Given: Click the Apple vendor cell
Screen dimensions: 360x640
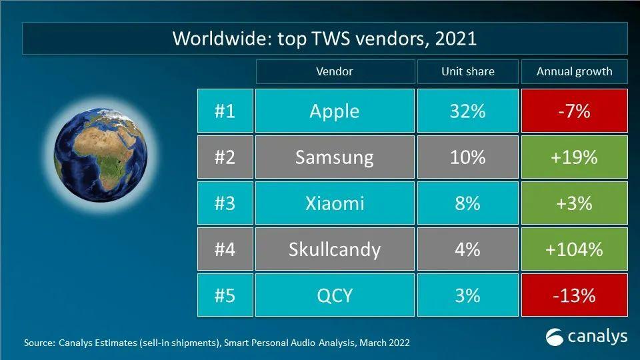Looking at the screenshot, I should [334, 111].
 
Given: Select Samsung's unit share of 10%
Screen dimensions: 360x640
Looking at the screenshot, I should [467, 157].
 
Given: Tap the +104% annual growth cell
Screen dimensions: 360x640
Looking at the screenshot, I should [574, 249].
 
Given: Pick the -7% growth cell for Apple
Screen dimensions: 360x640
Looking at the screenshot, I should [574, 111].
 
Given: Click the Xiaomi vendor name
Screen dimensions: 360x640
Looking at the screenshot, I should [334, 203].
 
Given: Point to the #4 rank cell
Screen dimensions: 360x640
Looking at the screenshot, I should [225, 249].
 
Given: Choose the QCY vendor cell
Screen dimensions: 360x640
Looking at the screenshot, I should [334, 295].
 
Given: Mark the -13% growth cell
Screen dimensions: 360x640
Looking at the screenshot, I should [574, 295].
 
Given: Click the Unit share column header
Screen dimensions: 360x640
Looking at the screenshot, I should [467, 72].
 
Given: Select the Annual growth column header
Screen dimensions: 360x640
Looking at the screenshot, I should [574, 72].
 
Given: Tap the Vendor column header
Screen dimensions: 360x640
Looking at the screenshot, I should [334, 72].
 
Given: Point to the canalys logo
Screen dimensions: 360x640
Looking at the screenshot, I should [586, 337].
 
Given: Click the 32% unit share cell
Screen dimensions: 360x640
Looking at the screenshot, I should [467, 111].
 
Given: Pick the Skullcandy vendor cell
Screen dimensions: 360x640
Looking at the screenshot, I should [334, 249].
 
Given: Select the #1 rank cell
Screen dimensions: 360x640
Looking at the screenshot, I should [225, 111].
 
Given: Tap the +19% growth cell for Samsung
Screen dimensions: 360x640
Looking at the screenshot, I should [574, 157].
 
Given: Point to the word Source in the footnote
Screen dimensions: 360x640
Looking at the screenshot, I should [37, 343].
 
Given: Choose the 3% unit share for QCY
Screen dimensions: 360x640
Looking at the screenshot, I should [467, 295].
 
